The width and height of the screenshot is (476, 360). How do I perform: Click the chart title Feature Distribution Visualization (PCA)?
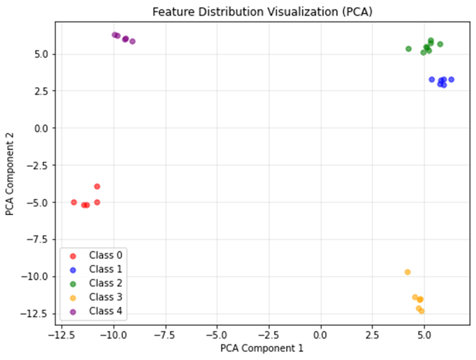point(262,12)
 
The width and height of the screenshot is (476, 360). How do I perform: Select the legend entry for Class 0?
point(105,255)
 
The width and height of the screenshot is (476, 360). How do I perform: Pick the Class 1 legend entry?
point(105,269)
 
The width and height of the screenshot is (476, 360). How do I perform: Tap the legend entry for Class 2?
point(105,283)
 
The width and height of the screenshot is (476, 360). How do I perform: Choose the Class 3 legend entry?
point(105,298)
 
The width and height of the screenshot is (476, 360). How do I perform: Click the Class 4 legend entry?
point(105,312)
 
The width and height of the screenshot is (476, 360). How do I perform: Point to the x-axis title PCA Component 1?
point(262,348)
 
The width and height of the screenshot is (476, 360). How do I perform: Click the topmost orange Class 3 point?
point(408,272)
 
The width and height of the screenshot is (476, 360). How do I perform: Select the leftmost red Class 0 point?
point(74,202)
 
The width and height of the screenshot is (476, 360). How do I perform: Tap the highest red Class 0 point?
point(97,186)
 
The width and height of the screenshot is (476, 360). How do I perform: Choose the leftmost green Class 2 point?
point(409,48)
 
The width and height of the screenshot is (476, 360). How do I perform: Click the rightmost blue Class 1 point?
point(451,79)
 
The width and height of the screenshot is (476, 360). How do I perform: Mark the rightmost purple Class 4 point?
point(133,41)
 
